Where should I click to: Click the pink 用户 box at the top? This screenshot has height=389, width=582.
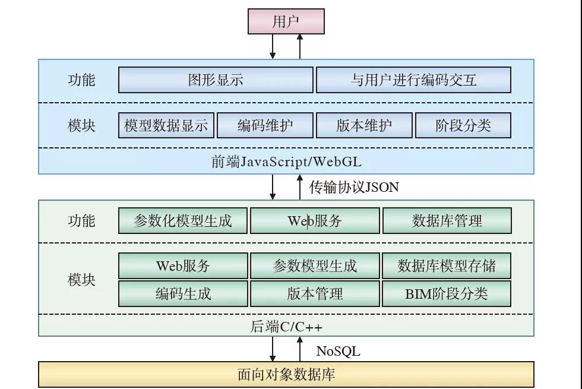coord(286,21)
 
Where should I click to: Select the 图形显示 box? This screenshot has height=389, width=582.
coord(216,80)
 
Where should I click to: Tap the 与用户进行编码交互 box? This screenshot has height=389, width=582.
coord(413,80)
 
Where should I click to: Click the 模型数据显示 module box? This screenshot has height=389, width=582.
coord(166,125)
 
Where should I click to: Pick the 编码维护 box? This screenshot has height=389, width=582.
coord(265,125)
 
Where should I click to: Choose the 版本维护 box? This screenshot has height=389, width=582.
coord(364,125)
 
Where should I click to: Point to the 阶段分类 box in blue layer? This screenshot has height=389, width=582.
coord(463,125)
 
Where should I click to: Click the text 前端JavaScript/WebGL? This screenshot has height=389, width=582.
coord(286,162)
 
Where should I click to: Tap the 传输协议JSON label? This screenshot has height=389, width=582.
coord(354,187)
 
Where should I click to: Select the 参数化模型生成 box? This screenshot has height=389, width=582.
coord(183,221)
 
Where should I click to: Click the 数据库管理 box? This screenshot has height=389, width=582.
coord(447,221)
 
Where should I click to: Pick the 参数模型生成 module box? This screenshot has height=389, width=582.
coord(315,265)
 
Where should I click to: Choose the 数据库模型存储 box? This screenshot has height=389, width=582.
coord(447,265)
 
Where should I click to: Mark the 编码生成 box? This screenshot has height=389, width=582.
coord(183,293)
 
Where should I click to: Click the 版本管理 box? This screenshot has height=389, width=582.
coord(315,293)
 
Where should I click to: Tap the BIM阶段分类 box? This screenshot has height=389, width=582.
coord(447,293)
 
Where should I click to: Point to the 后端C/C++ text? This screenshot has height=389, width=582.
coord(286,326)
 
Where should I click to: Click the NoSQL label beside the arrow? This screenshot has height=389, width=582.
coord(338,351)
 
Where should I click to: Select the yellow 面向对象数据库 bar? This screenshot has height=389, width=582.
coord(286,375)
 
